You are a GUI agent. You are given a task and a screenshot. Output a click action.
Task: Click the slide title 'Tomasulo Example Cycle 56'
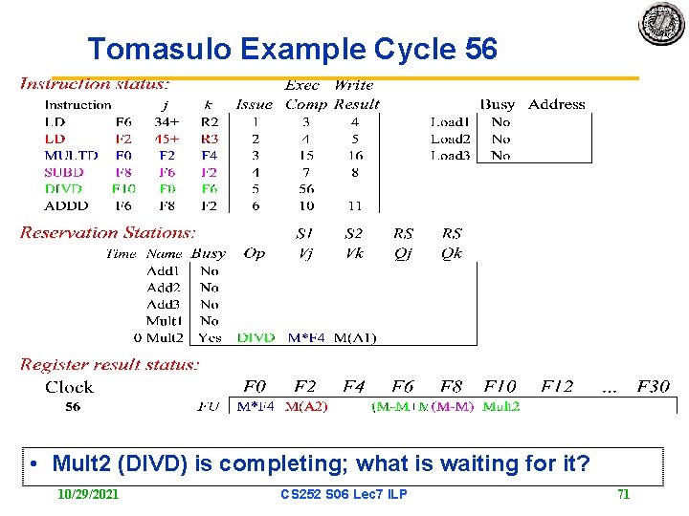(292, 49)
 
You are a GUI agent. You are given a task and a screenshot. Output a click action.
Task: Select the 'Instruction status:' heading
(95, 84)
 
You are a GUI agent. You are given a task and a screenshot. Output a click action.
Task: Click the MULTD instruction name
(71, 155)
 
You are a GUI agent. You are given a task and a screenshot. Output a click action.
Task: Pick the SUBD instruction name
(64, 172)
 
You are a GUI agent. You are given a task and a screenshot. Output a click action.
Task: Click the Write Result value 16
(355, 155)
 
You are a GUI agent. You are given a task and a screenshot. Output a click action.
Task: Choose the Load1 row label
(450, 122)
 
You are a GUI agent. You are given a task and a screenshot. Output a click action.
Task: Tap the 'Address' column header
(556, 104)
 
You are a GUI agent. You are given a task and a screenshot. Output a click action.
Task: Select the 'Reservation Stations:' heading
(108, 232)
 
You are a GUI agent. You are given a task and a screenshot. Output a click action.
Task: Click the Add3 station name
(164, 304)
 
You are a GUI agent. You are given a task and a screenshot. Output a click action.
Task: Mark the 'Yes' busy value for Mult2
(210, 337)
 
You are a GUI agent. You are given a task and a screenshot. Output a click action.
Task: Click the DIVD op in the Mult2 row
(256, 337)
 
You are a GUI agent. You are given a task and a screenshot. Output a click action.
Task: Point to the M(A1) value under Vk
(356, 337)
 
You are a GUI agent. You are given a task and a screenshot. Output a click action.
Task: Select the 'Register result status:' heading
(110, 364)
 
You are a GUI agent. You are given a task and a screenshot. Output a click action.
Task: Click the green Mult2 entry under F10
(501, 407)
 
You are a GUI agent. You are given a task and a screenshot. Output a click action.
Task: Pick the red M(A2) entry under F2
(306, 407)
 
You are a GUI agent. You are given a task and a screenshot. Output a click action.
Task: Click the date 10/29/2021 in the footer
(88, 494)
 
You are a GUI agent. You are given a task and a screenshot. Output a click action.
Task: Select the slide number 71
(623, 494)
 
